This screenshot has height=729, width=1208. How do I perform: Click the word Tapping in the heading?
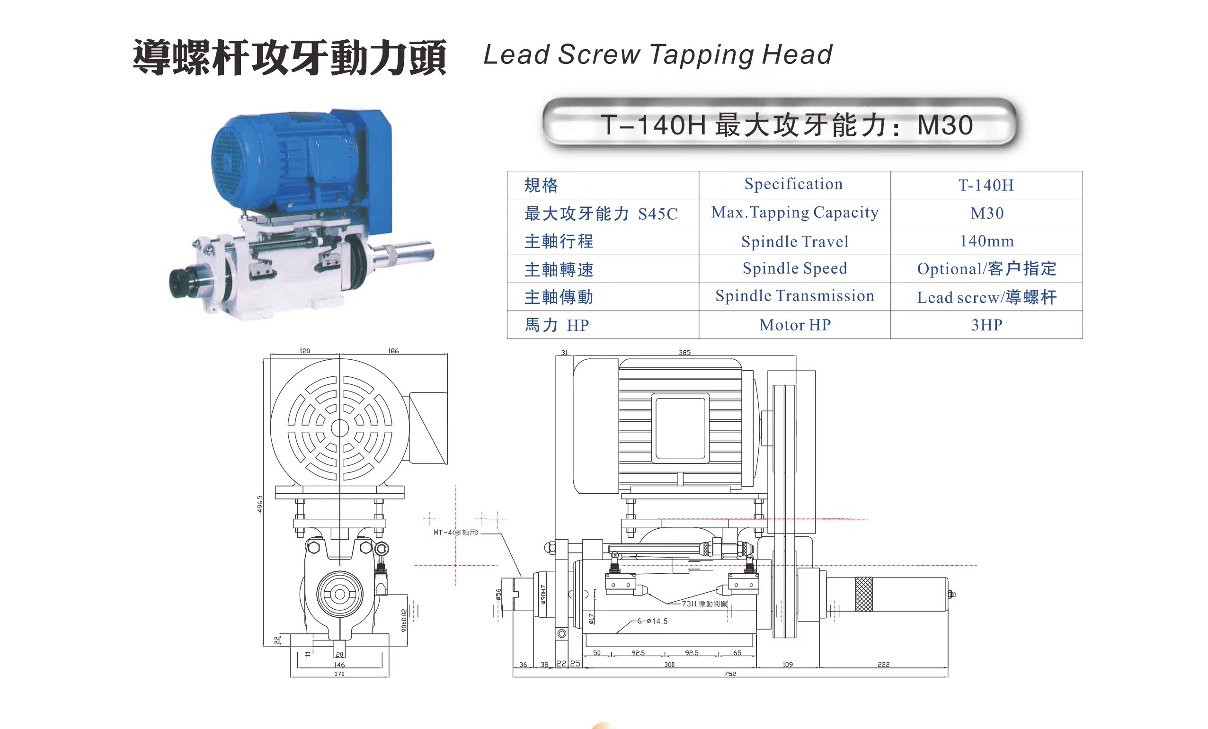(x=701, y=55)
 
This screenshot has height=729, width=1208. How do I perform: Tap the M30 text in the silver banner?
(x=945, y=125)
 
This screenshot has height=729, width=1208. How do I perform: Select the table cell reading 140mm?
(x=986, y=241)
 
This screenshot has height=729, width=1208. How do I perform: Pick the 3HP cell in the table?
(x=986, y=325)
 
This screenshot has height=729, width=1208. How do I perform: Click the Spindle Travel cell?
(x=794, y=241)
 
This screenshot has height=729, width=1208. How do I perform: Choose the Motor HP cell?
(x=794, y=325)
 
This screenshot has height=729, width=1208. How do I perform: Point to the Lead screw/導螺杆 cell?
(x=986, y=297)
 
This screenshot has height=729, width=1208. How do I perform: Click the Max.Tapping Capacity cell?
(x=794, y=213)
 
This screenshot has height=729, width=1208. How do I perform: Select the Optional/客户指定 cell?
(x=986, y=269)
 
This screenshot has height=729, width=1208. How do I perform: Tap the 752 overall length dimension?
(x=730, y=674)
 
